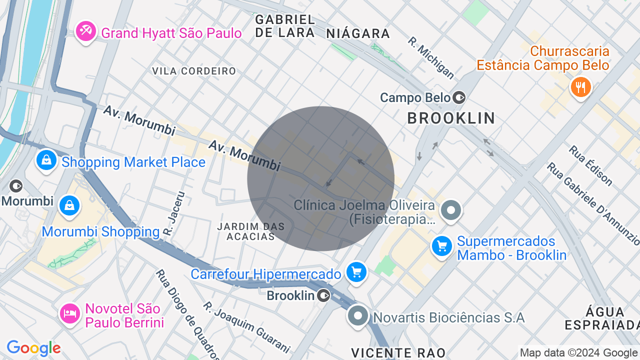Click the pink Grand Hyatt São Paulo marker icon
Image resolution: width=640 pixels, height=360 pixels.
click(x=86, y=31)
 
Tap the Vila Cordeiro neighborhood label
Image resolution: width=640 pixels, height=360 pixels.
click(x=194, y=71)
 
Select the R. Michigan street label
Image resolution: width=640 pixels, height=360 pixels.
click(x=431, y=57)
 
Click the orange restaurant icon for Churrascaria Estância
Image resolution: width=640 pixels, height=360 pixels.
click(x=580, y=87)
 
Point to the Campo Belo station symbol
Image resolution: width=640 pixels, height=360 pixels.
click(x=459, y=97)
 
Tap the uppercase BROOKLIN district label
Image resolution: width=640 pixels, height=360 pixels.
click(x=451, y=118)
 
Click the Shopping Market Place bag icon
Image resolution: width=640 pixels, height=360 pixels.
click(x=46, y=160)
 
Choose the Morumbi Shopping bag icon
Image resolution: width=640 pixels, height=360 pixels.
click(x=69, y=205)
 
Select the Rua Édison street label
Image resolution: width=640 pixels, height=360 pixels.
click(x=590, y=165)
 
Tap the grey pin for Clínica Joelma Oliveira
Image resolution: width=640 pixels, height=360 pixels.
click(x=451, y=210)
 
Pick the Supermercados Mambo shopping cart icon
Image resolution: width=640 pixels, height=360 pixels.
click(x=442, y=246)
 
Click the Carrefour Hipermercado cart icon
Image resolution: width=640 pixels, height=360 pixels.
click(x=356, y=272)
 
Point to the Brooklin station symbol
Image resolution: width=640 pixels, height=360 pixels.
click(x=324, y=296)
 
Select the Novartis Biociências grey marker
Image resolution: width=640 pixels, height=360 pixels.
click(x=358, y=316)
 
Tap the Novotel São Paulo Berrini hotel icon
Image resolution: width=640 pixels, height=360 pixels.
click(x=69, y=313)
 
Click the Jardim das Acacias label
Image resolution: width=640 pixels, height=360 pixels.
click(x=251, y=231)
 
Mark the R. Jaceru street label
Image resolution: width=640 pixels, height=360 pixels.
click(x=173, y=214)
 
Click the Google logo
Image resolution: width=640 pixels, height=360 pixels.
click(x=33, y=348)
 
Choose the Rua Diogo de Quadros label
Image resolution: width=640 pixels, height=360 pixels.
click(x=187, y=314)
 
